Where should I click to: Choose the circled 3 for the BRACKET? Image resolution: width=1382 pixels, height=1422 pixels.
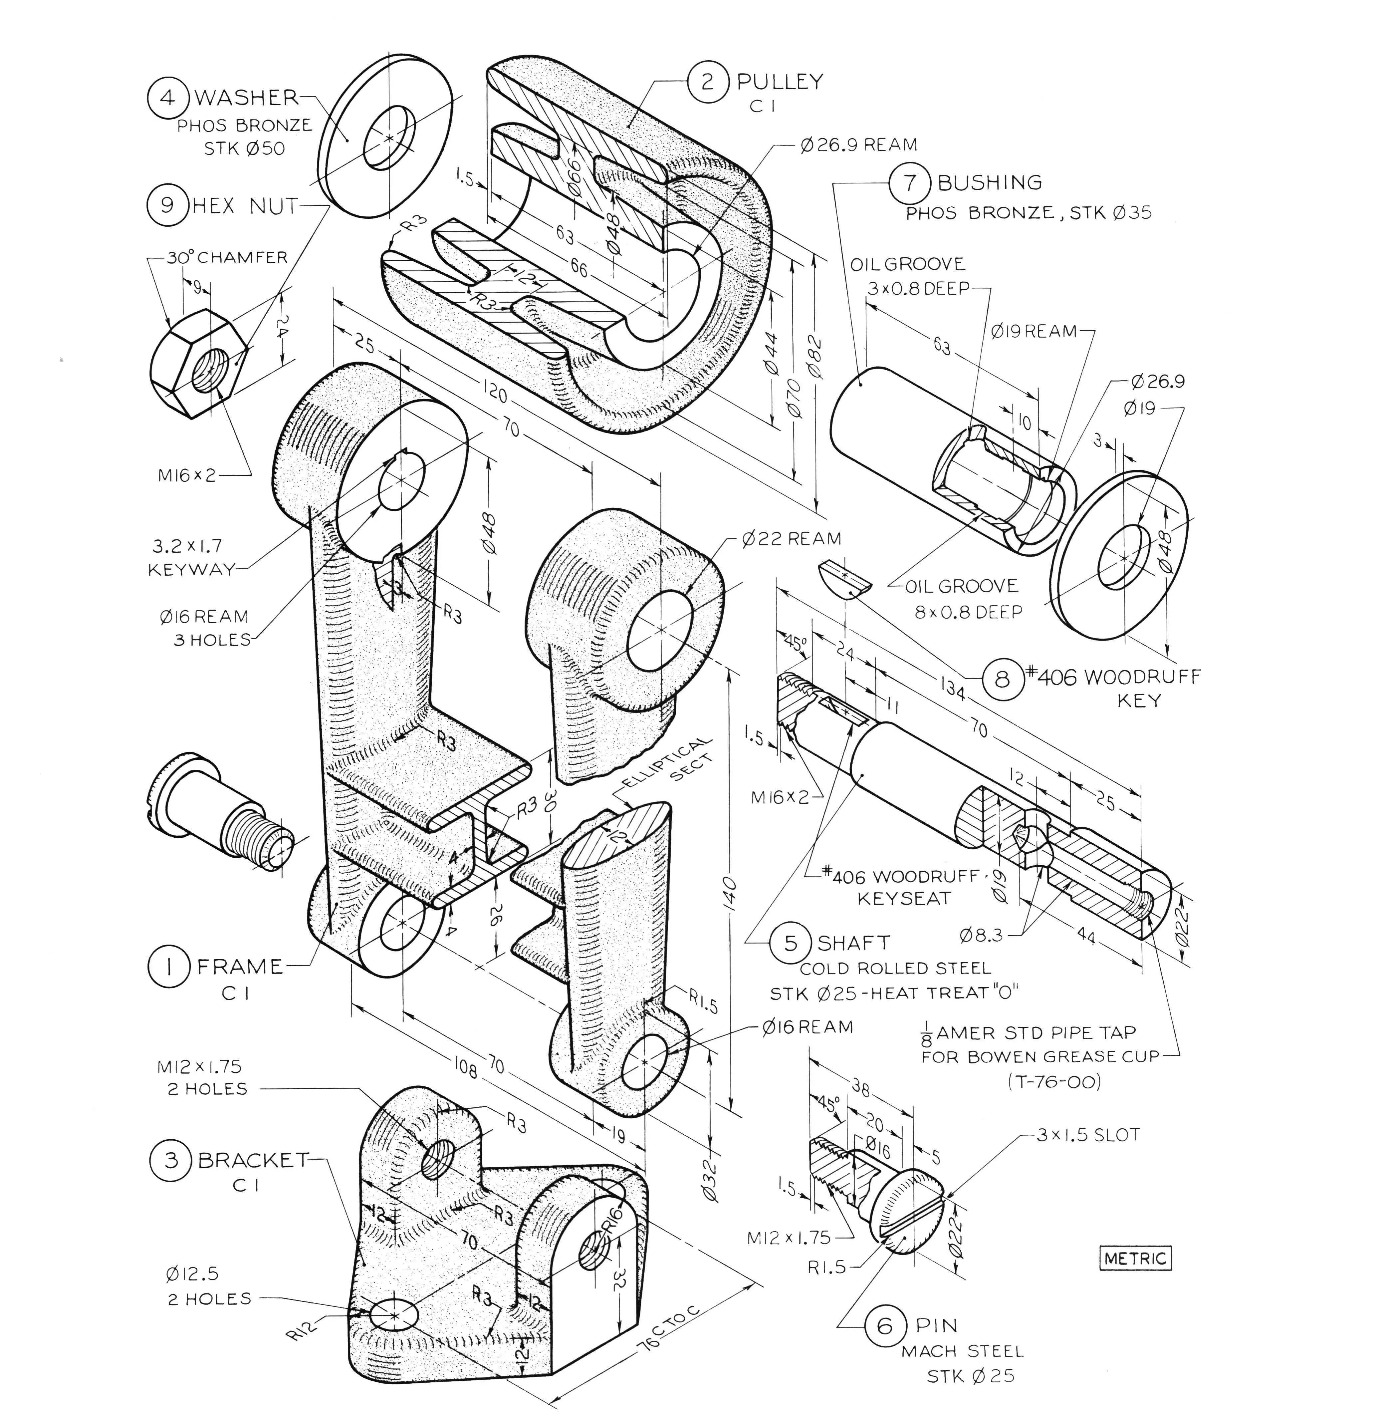[x=170, y=1160]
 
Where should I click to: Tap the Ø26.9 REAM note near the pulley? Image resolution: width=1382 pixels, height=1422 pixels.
[x=859, y=145]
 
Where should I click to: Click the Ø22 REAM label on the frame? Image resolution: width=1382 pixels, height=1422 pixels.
[x=791, y=539]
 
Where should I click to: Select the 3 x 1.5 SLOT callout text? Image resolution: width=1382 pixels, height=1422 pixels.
[x=1087, y=1135]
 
